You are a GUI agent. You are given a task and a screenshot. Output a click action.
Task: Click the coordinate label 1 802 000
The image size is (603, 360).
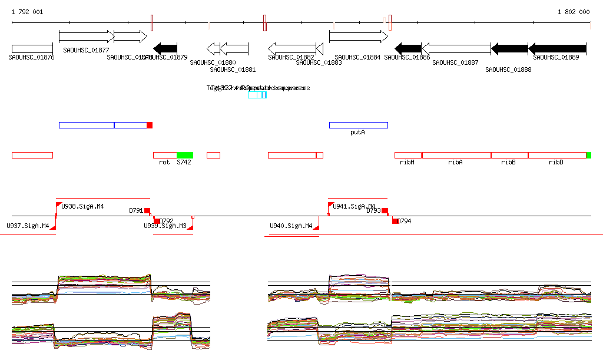coord(574,12)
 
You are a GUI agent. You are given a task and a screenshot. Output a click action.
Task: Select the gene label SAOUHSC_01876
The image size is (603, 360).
coord(32,58)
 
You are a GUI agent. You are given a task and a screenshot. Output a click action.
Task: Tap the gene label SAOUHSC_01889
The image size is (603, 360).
coord(556,58)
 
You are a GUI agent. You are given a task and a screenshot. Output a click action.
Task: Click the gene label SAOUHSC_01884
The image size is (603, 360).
coord(357,58)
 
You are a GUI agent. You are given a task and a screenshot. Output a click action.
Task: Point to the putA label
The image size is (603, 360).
coord(357,133)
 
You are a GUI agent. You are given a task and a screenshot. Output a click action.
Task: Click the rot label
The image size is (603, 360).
coord(164,162)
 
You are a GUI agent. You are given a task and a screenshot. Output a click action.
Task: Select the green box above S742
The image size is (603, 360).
coord(185,155)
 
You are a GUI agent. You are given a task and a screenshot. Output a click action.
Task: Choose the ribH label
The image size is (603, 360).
coord(407,162)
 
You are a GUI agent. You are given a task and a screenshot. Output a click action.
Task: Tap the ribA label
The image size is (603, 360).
coord(455,162)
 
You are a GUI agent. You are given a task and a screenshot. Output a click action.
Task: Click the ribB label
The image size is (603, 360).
coord(508,162)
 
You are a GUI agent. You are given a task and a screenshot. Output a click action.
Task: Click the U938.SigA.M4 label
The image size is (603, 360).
coord(82,207)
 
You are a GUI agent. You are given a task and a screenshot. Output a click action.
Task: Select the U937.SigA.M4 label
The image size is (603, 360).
coord(28,226)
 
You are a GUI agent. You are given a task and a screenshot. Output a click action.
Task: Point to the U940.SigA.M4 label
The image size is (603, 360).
coord(291,226)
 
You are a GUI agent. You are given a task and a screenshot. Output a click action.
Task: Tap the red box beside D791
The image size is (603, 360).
coord(147,211)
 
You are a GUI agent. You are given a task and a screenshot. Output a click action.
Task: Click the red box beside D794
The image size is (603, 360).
coord(395,220)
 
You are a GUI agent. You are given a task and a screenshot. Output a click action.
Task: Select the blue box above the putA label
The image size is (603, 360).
coord(358,125)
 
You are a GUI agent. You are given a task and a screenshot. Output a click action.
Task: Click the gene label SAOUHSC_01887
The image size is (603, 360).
coord(455,62)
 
